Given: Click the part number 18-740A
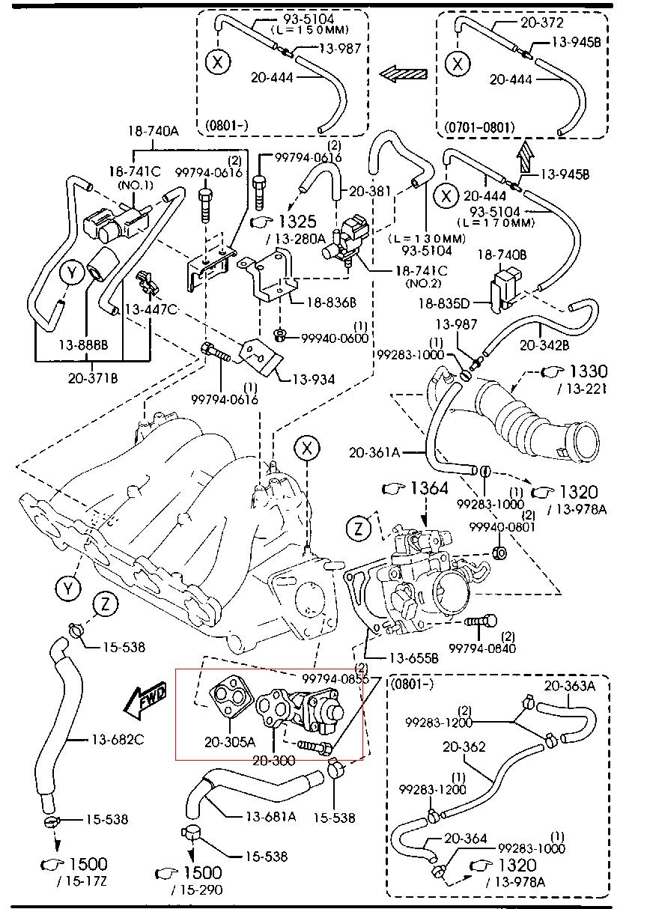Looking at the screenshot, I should pyautogui.click(x=153, y=131).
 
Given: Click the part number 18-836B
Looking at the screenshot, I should pyautogui.click(x=332, y=303).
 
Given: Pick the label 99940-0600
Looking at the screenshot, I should pyautogui.click(x=335, y=338).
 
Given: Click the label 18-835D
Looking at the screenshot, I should pyautogui.click(x=443, y=303).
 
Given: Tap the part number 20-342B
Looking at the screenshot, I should pyautogui.click(x=544, y=345).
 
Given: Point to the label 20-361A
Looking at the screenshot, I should pyautogui.click(x=374, y=452).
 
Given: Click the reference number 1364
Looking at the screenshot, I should pyautogui.click(x=428, y=489).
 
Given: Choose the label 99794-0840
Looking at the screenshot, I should pyautogui.click(x=482, y=648).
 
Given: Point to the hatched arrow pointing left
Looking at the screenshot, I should pyautogui.click(x=403, y=73).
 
